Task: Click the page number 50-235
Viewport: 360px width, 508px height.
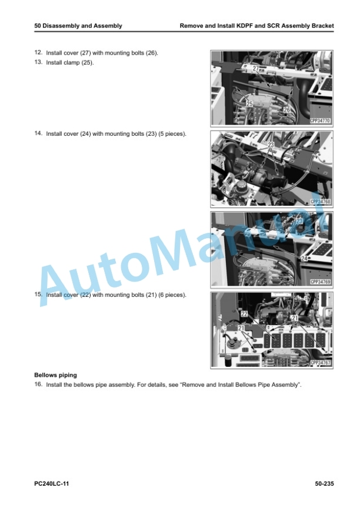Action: (324, 484)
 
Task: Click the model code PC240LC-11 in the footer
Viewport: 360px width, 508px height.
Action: (52, 484)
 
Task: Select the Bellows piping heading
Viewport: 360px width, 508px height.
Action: (56, 375)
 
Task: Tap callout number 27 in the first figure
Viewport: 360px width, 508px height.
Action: (256, 68)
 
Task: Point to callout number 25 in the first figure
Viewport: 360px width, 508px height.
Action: (249, 104)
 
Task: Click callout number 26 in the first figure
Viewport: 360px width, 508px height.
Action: (287, 110)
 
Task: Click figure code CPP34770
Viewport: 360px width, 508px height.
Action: (320, 121)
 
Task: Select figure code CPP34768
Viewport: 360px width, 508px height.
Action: (320, 202)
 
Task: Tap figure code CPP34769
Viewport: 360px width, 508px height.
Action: (320, 282)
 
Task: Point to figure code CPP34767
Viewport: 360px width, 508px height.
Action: (320, 363)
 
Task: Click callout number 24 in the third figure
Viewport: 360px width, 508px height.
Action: (304, 258)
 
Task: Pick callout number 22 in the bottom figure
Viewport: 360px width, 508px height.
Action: (244, 313)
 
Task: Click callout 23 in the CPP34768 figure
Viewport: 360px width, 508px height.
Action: (271, 145)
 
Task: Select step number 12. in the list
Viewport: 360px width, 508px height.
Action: (39, 52)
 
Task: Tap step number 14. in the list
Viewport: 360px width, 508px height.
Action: (39, 133)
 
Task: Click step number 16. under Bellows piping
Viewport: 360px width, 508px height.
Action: (39, 385)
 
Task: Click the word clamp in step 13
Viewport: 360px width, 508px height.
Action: (72, 63)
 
